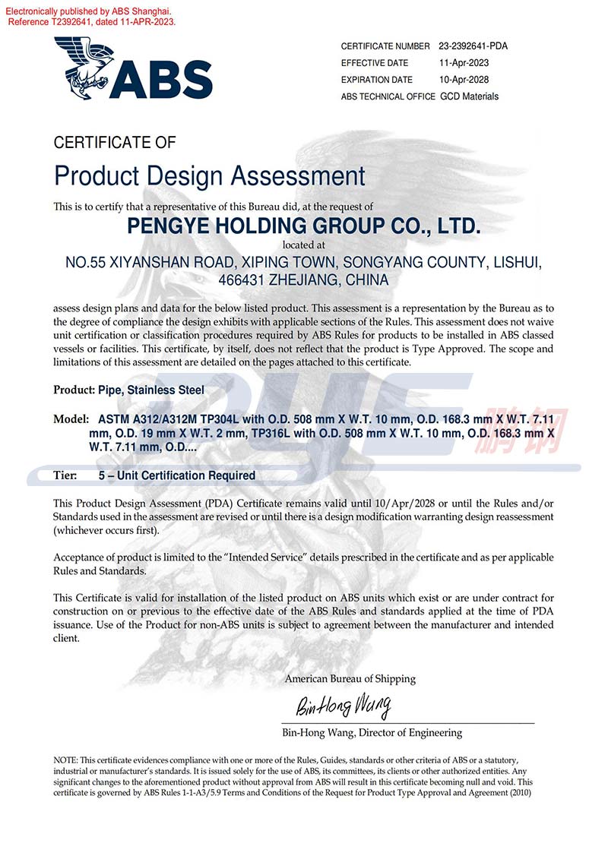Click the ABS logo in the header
tap(133, 69)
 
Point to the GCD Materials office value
tap(470, 96)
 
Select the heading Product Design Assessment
tap(209, 176)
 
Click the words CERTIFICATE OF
tap(115, 142)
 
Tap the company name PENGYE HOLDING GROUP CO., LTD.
tap(304, 226)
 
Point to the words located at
tap(303, 245)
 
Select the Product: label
tap(74, 390)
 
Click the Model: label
tap(71, 419)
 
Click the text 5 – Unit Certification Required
tap(177, 476)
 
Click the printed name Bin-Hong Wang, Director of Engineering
tap(372, 733)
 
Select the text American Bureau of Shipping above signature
tap(350, 679)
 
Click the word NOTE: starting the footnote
tap(65, 760)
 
